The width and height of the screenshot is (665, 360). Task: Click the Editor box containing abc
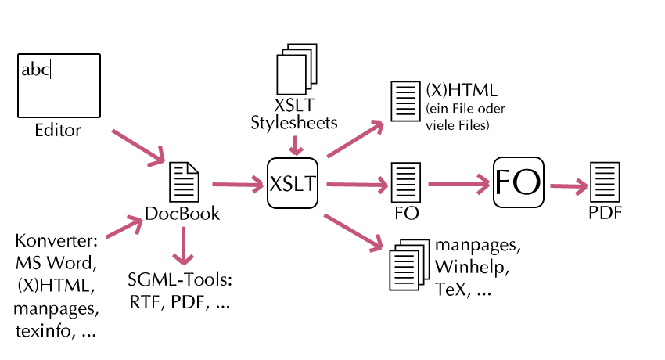(59, 85)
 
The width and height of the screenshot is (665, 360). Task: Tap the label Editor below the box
(58, 130)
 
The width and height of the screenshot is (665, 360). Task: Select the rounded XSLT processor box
(293, 183)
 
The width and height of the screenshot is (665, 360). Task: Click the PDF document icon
(602, 183)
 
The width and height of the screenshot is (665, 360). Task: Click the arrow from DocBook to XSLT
(238, 185)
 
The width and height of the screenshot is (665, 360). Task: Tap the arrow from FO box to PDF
(569, 186)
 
